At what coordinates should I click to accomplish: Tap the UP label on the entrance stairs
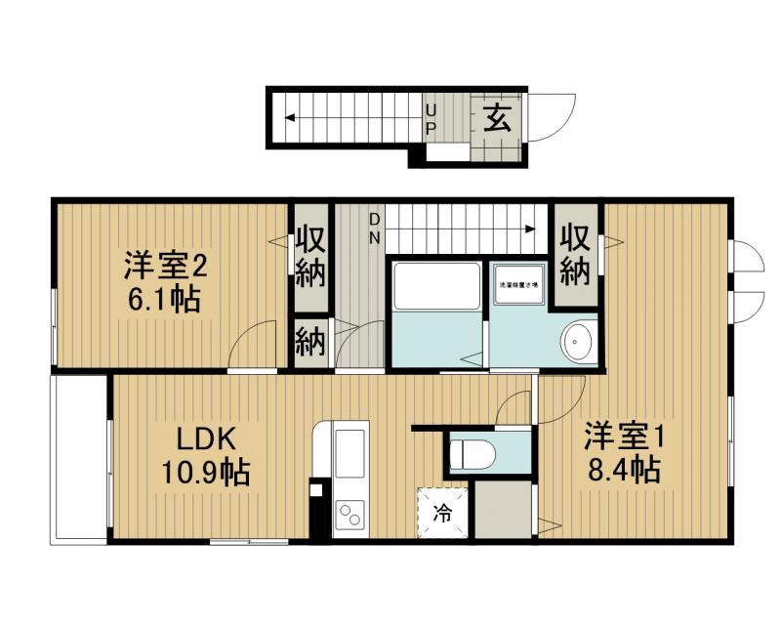click(x=431, y=118)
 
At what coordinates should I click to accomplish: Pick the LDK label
click(x=206, y=437)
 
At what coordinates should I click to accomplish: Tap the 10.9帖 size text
click(x=206, y=474)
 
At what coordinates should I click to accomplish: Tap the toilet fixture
click(x=474, y=451)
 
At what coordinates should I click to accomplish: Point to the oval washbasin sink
click(x=578, y=341)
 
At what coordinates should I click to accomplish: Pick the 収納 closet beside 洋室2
click(x=311, y=256)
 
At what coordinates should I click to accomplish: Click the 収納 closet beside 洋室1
click(x=576, y=256)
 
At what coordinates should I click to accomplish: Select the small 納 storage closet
click(x=311, y=342)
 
